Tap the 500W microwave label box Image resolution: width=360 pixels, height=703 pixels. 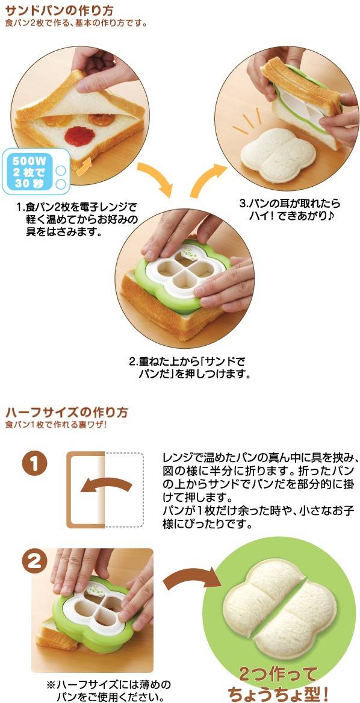click(x=36, y=171)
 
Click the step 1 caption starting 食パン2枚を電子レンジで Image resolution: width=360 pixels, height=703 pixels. click(x=76, y=220)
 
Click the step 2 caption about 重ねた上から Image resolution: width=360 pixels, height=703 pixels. click(x=189, y=367)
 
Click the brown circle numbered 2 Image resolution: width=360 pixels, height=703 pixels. click(x=34, y=562)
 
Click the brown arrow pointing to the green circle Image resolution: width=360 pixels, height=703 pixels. click(x=192, y=580)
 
